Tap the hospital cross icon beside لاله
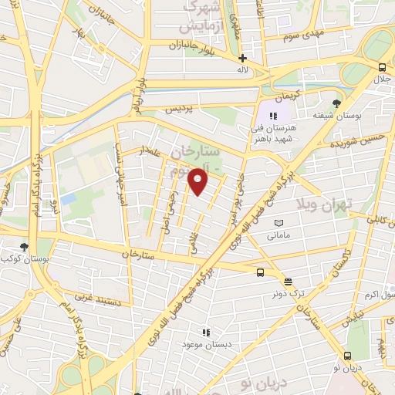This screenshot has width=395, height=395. [242, 58]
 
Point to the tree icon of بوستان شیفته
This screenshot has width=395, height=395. [336, 103]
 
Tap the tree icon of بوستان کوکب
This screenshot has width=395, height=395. [25, 247]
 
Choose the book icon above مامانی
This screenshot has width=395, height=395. [278, 223]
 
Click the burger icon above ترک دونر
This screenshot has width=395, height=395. [288, 282]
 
